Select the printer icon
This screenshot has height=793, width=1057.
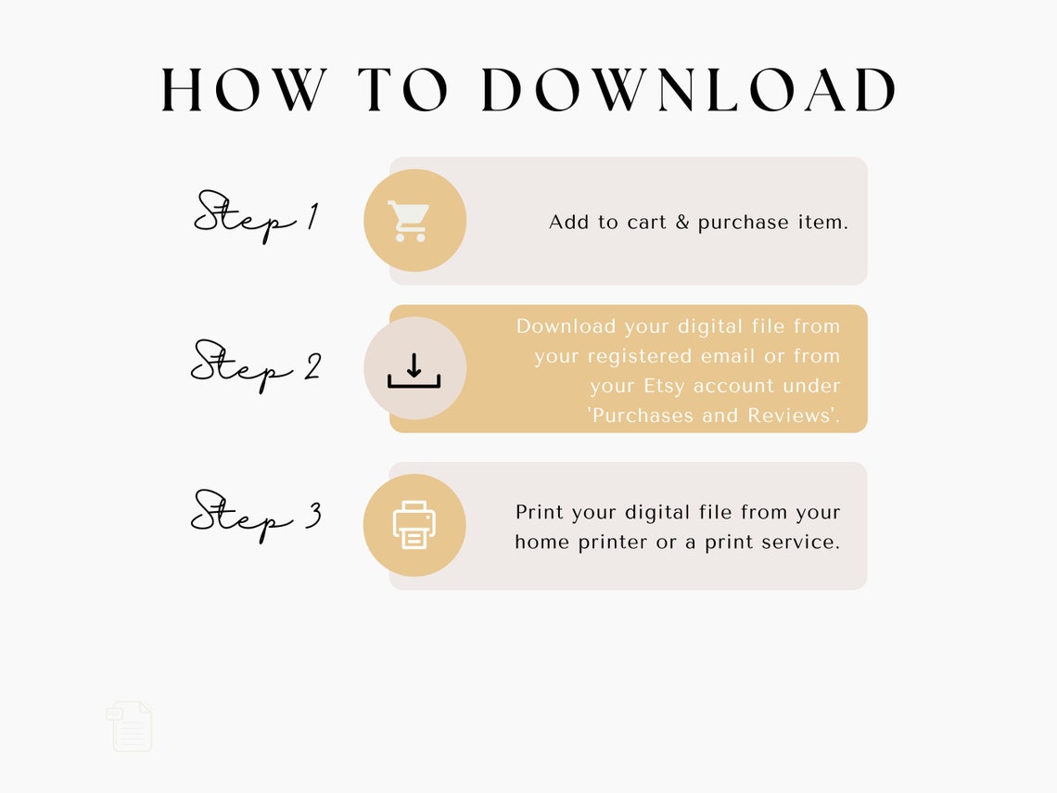click(x=414, y=525)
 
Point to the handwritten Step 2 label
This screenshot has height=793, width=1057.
click(x=255, y=365)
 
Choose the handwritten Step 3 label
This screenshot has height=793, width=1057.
click(x=255, y=516)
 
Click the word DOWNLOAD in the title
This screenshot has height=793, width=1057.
click(x=690, y=91)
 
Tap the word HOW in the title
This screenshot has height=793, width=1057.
click(x=244, y=91)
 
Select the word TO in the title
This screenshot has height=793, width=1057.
click(x=403, y=91)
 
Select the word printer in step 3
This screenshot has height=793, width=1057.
click(x=614, y=542)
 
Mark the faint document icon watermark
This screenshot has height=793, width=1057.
click(x=130, y=726)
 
